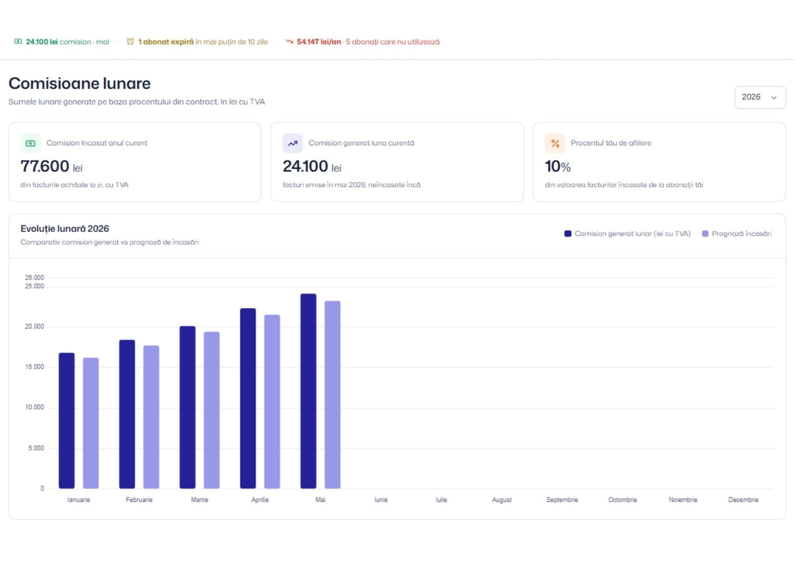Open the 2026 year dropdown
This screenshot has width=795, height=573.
point(760,97)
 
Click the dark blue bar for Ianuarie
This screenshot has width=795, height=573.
point(67,420)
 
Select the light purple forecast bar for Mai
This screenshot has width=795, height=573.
point(332,394)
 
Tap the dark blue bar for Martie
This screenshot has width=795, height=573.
point(188,407)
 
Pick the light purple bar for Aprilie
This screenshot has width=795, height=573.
point(272,402)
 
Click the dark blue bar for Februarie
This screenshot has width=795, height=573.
point(127,414)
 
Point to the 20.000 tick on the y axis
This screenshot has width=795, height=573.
point(34,326)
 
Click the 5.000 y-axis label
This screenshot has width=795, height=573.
point(36,448)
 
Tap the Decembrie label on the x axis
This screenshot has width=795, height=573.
point(743,499)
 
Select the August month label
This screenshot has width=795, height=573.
point(502,500)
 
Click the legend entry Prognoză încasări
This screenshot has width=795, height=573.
point(737,233)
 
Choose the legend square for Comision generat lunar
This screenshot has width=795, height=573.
point(568,233)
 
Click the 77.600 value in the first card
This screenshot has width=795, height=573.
point(45,166)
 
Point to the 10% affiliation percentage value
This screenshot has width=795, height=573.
point(558,167)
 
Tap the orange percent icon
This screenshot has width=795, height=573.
point(555,143)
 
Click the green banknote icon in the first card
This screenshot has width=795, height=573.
point(31,143)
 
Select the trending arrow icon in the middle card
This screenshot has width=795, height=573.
point(293,143)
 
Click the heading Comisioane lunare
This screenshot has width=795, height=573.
point(79,83)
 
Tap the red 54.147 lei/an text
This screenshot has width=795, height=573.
point(319,41)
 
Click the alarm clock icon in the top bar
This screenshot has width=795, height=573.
point(130,41)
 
